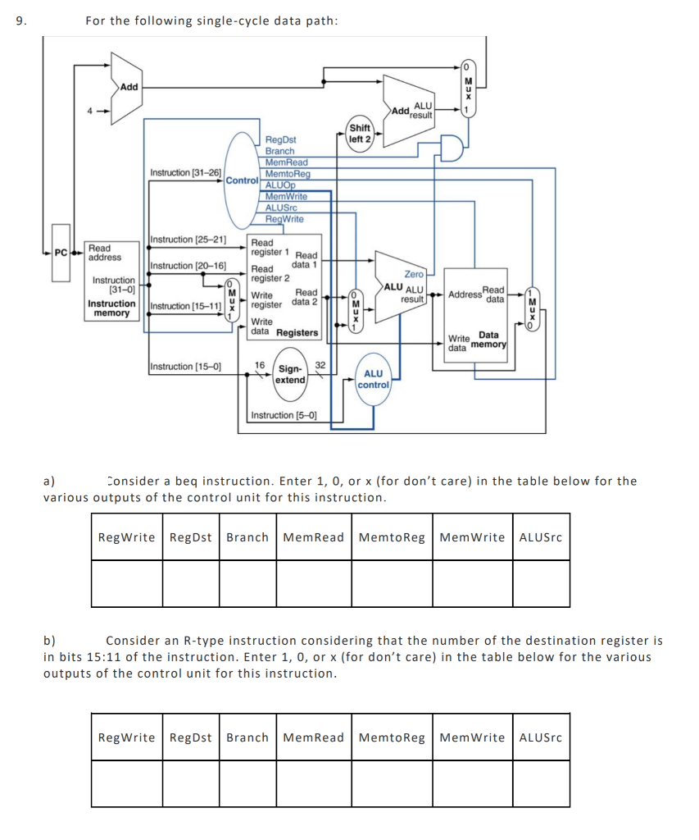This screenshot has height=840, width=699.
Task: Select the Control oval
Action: (x=243, y=179)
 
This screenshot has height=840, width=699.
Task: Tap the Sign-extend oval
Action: (x=289, y=374)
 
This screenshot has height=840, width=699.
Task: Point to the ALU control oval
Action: (x=373, y=379)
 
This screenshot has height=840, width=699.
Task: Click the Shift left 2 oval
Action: (x=361, y=134)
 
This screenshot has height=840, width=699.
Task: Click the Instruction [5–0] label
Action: (x=284, y=415)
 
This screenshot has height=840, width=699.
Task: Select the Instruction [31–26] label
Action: (x=185, y=172)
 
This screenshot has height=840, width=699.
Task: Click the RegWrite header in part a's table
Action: (x=126, y=537)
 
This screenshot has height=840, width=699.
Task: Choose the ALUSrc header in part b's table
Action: (x=541, y=737)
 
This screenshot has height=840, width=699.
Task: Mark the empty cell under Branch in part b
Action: (x=247, y=783)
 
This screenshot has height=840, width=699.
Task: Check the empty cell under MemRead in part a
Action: (x=313, y=583)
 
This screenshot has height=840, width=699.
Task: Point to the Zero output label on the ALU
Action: (x=414, y=274)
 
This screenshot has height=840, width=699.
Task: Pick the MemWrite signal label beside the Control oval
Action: (x=286, y=197)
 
